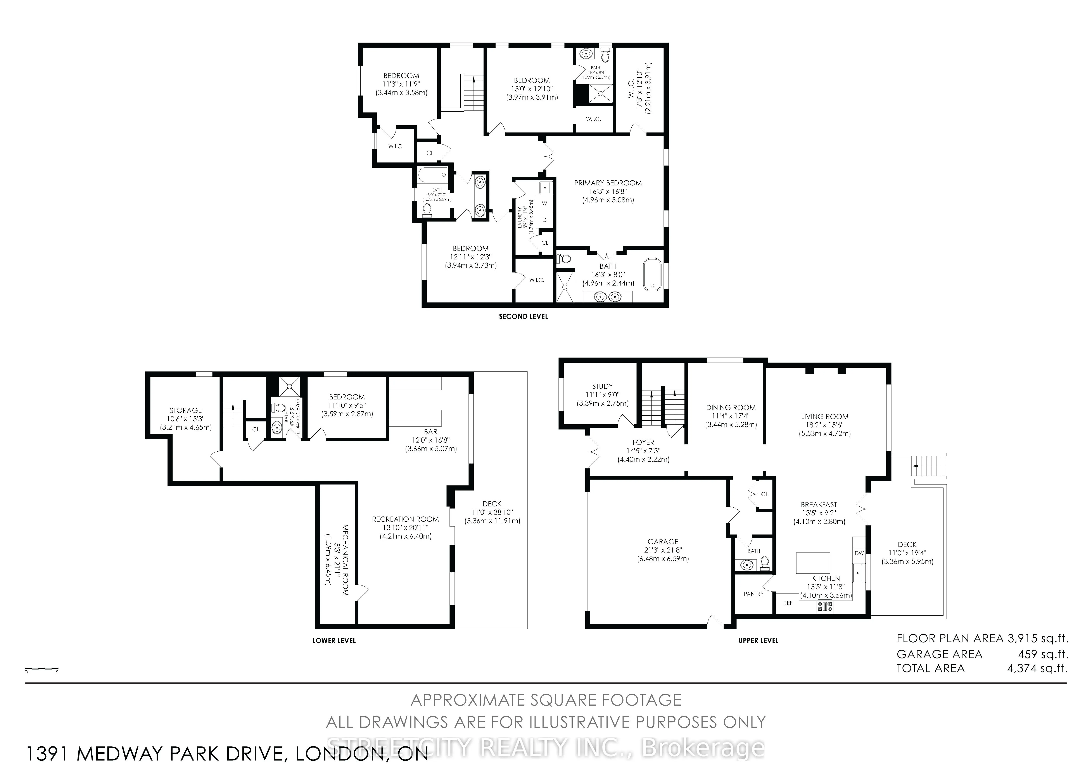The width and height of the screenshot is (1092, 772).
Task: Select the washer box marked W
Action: point(544,203)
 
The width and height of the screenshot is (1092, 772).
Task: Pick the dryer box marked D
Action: point(544,220)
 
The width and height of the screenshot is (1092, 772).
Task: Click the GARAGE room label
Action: point(663,541)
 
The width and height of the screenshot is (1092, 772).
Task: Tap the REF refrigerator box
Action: point(788,603)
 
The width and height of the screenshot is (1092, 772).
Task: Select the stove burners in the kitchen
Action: point(825,606)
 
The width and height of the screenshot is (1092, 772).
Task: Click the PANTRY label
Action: point(753,594)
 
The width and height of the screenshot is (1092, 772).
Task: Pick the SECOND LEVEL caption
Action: point(523,316)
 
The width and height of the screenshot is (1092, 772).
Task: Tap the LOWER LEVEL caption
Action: point(334,640)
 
